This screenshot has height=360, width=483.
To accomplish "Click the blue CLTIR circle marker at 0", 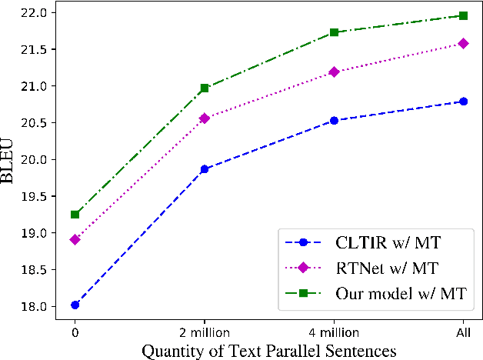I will (x=75, y=305).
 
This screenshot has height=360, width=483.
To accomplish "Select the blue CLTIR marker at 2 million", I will (x=204, y=168).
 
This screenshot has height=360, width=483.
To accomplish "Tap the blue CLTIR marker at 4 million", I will (x=334, y=120).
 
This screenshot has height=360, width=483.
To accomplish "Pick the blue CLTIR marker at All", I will (x=464, y=101).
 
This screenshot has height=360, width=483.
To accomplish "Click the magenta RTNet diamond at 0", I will (x=75, y=239).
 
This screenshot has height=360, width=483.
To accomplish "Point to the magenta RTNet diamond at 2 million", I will (x=204, y=118).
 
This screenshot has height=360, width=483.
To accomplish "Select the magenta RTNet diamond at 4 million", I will (x=334, y=72).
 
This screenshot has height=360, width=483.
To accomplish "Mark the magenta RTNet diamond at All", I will (x=464, y=43).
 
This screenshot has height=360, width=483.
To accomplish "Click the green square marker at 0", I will (x=75, y=214).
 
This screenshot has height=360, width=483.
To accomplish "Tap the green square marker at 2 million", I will (x=204, y=88).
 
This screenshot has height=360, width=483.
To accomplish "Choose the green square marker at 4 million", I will (x=334, y=32).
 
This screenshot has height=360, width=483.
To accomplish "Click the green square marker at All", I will (x=464, y=15).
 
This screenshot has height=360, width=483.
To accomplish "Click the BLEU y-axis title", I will (x=11, y=159).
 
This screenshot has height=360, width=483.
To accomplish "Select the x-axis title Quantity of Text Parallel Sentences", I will (x=268, y=350).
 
